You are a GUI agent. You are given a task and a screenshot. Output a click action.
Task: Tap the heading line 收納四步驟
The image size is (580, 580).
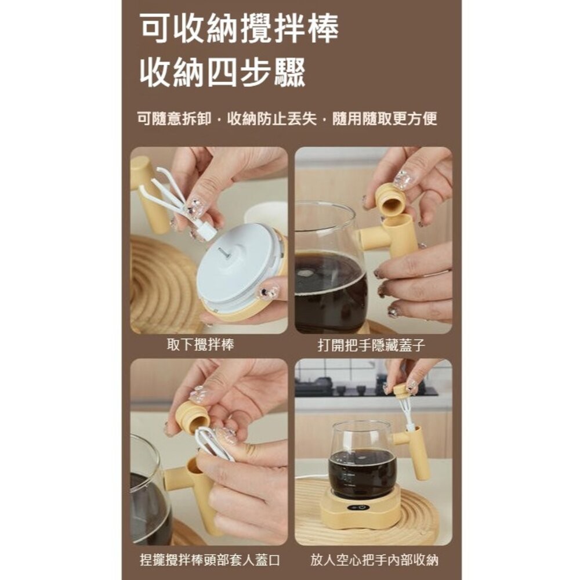pos(222,74)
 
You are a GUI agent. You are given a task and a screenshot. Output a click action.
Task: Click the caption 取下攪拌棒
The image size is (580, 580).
pos(200,345)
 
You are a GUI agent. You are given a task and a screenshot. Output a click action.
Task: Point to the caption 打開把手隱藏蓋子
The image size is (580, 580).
pos(371,346)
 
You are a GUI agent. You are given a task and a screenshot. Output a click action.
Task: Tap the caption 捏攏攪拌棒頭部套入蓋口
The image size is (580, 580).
pos(210,561)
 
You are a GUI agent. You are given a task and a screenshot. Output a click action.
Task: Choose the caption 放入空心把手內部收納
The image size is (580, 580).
pos(375,561)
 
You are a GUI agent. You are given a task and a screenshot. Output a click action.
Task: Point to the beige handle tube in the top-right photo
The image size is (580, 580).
pos(401,235)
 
